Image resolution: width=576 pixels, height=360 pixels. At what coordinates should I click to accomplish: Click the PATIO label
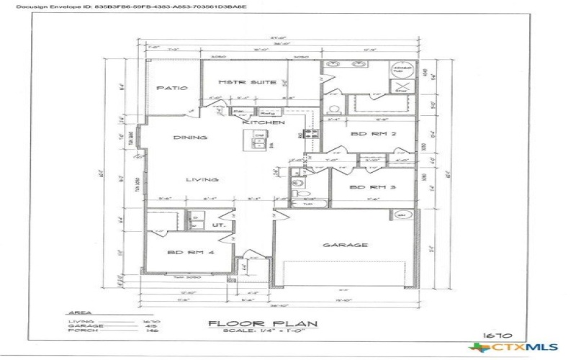click(x=171, y=88)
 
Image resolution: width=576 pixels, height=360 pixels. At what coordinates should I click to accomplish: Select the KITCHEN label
click(x=258, y=123)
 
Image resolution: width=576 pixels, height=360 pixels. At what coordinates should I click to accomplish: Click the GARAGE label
click(x=335, y=245)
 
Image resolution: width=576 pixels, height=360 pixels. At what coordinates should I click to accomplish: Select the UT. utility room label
click(x=220, y=225)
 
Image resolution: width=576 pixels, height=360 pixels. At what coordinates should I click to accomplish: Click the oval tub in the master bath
click(x=400, y=70)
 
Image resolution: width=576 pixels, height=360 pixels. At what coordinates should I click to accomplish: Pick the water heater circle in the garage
click(x=402, y=215)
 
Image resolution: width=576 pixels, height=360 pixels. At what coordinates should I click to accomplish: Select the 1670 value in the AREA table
click(x=150, y=321)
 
